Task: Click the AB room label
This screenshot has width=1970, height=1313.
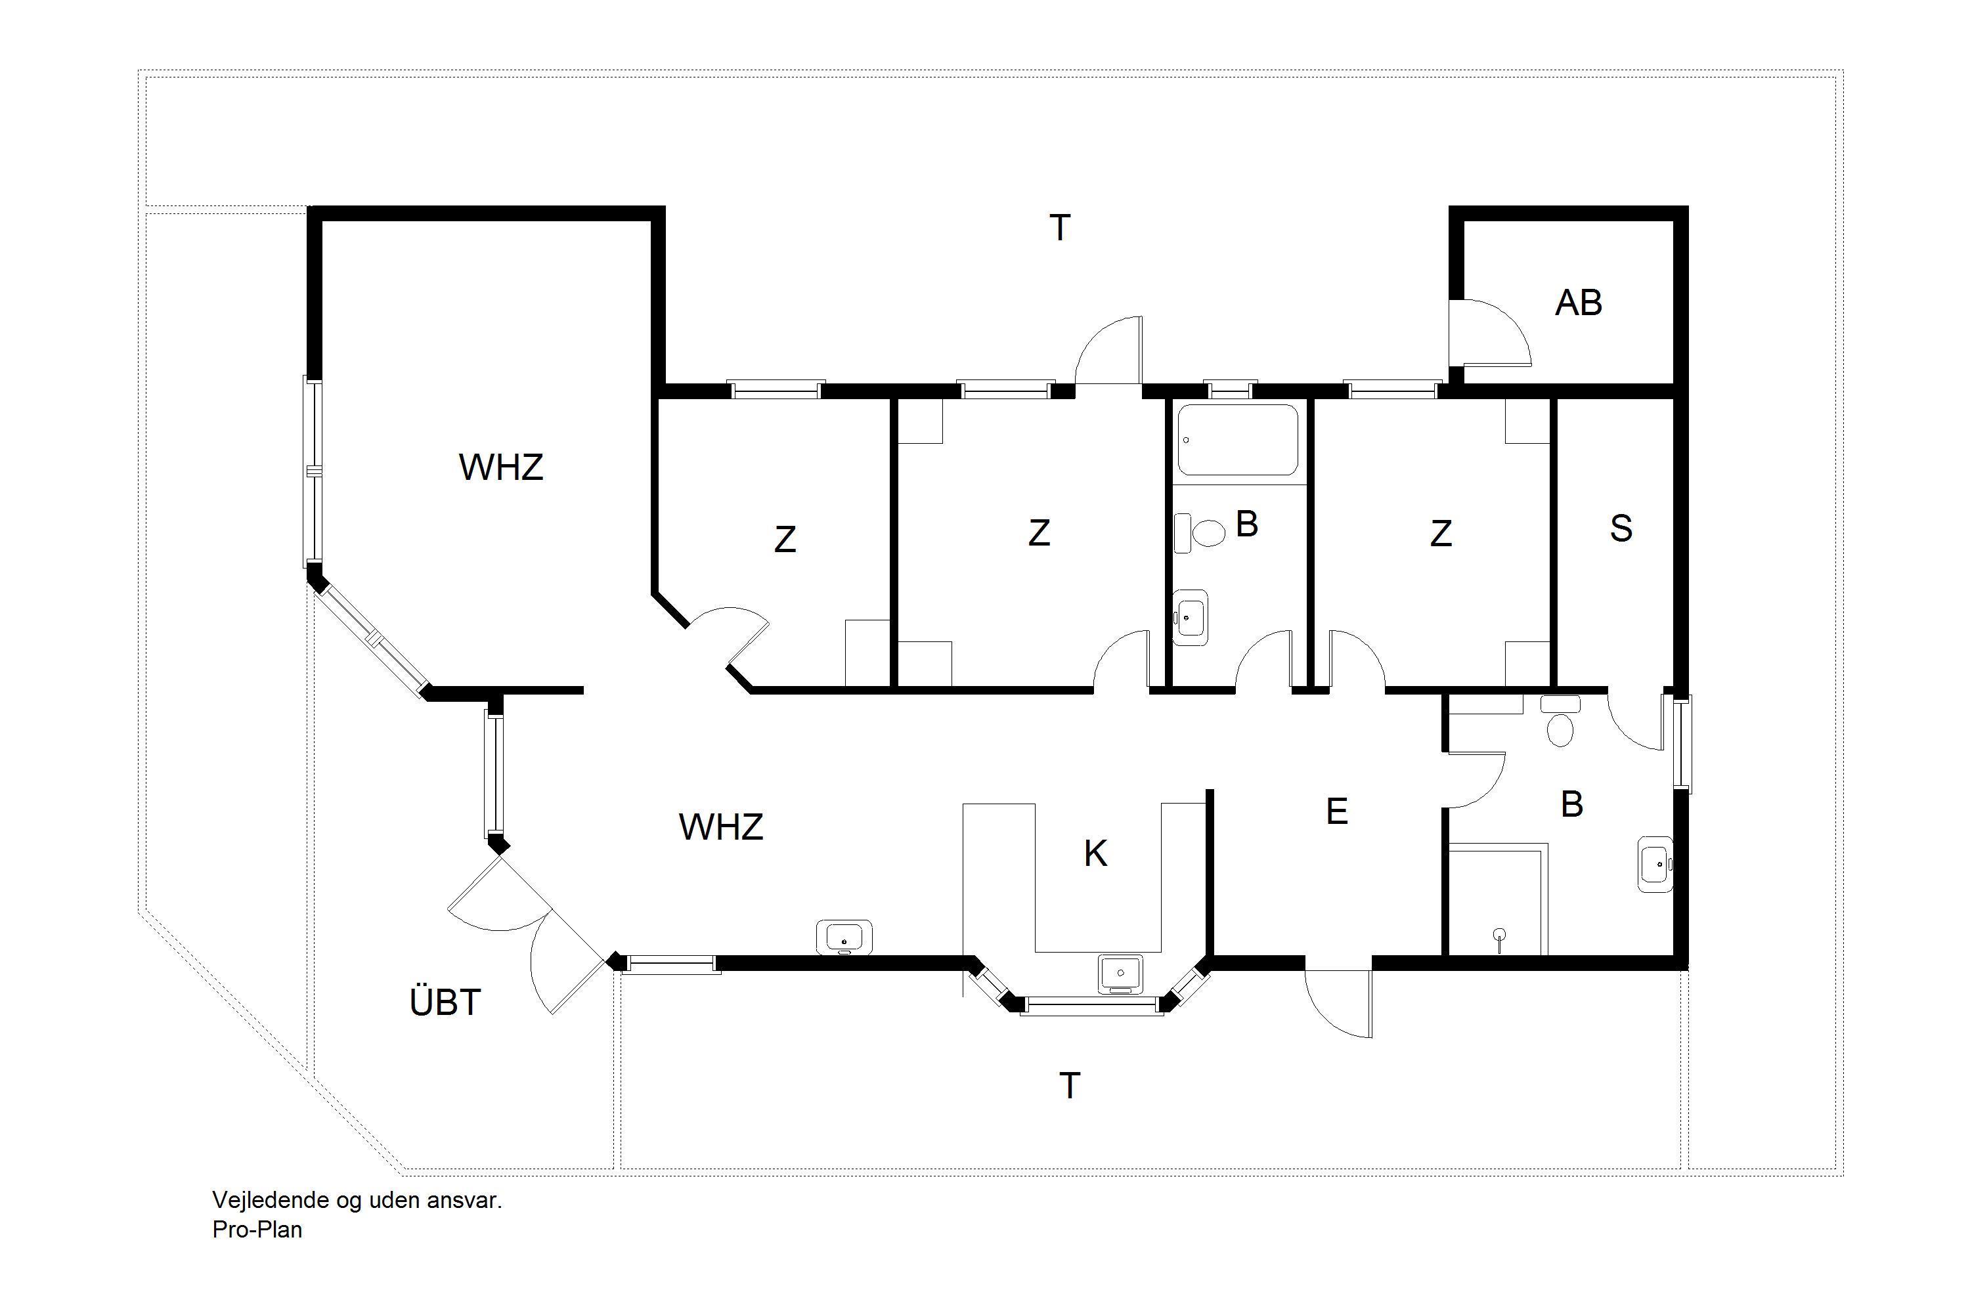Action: coord(1578,303)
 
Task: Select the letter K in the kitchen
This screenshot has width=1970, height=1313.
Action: coord(1095,854)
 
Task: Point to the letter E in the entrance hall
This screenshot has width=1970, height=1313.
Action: coord(1337,811)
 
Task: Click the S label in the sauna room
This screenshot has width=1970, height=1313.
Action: coord(1621,528)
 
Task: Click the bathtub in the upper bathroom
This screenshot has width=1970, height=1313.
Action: coord(1237,440)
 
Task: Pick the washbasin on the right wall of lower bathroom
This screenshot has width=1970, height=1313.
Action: coord(1655,864)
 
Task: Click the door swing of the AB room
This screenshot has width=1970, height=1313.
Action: coord(1495,335)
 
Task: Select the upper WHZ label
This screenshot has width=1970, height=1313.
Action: coord(501,467)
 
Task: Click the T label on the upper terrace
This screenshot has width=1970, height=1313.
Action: coord(1060,228)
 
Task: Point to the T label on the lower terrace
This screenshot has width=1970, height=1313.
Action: coord(1070,1085)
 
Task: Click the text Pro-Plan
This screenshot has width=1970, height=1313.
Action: coord(257,1229)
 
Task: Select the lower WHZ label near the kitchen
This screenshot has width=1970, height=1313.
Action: coord(720,827)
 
